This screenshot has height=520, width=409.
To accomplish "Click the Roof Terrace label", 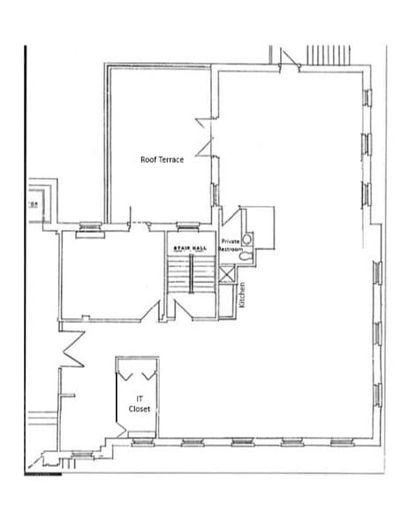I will pos(163,160).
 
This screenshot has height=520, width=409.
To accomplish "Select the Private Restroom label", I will pos(231,245).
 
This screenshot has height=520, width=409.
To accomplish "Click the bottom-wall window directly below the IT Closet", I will pos(140,440).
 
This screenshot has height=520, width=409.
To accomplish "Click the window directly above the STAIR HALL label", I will pos(186,227).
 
